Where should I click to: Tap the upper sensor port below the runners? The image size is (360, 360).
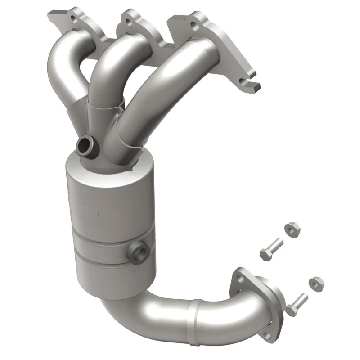coord(84,144)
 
